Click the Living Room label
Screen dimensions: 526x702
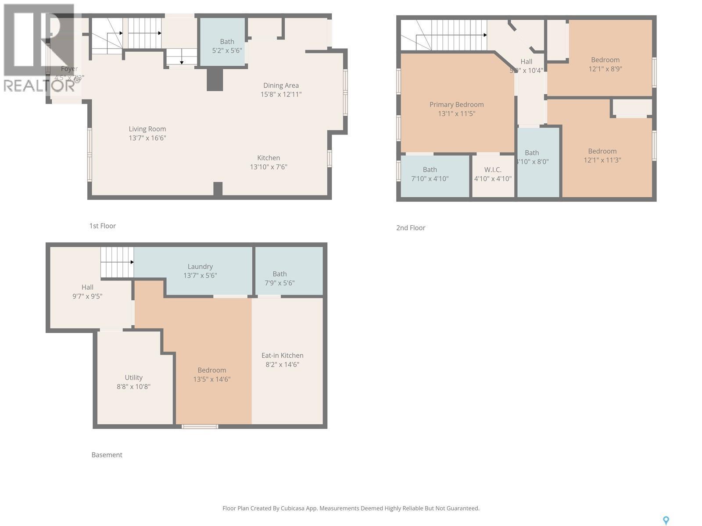(x=147, y=129)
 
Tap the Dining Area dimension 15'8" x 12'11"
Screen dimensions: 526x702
(x=281, y=94)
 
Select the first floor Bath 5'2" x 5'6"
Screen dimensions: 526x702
(x=227, y=46)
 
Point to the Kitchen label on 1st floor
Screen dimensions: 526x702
(x=269, y=158)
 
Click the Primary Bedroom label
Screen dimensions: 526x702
(x=456, y=104)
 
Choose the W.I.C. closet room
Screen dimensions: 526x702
(x=493, y=174)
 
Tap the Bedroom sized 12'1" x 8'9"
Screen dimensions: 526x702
(x=605, y=64)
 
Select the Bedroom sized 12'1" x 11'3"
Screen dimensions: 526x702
(x=602, y=155)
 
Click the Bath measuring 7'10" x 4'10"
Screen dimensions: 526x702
(x=430, y=174)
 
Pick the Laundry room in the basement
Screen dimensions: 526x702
(x=200, y=271)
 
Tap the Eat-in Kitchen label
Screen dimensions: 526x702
(x=282, y=355)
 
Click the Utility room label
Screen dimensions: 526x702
(x=133, y=377)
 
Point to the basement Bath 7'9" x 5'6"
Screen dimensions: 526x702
(x=279, y=278)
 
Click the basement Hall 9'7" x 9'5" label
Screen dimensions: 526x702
(x=87, y=291)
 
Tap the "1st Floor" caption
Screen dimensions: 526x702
(x=103, y=226)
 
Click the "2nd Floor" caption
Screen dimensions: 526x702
(x=411, y=227)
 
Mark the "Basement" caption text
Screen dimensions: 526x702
(x=107, y=455)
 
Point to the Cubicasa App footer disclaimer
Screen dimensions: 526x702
(x=351, y=508)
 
